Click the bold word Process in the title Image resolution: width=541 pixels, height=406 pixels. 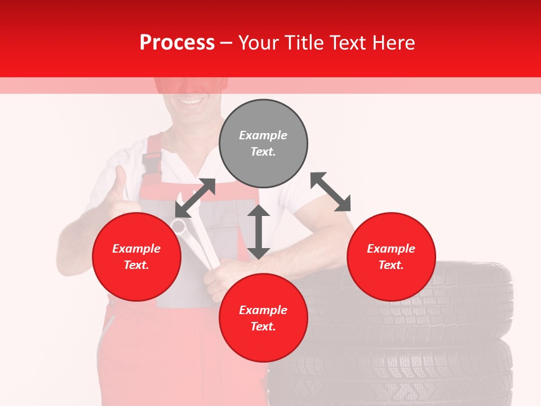pyautogui.click(x=177, y=43)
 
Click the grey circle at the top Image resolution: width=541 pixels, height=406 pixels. pyautogui.click(x=263, y=144)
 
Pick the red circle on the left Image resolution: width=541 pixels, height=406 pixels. pyautogui.click(x=136, y=257)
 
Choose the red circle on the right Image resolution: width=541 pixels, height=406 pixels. pyautogui.click(x=391, y=257)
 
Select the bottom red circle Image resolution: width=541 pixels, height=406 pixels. pyautogui.click(x=263, y=318)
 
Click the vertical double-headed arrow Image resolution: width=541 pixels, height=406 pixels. pyautogui.click(x=259, y=232)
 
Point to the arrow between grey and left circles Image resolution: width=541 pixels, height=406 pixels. pyautogui.click(x=195, y=197)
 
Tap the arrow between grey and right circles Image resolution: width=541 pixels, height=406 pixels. pyautogui.click(x=330, y=192)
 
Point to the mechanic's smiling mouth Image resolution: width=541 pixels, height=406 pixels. pyautogui.click(x=192, y=102)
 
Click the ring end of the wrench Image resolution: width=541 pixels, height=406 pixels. pyautogui.click(x=178, y=226)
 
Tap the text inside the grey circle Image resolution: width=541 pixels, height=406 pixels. pyautogui.click(x=263, y=144)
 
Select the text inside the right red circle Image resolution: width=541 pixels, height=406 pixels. pyautogui.click(x=391, y=257)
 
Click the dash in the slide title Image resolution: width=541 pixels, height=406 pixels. pyautogui.click(x=227, y=43)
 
